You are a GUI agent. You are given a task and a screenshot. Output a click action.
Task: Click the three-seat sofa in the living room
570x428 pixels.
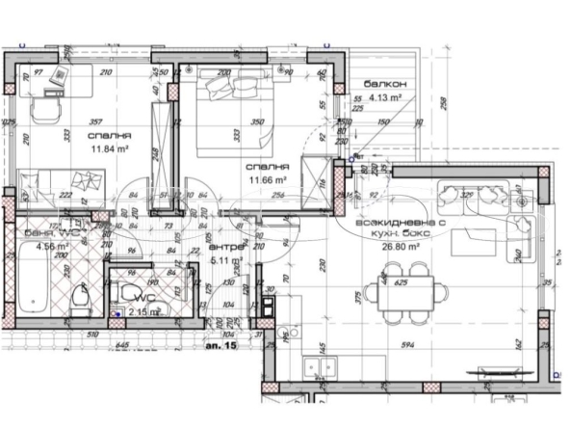472,194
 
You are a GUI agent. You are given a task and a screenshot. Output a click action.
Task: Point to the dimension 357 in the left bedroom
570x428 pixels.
95,123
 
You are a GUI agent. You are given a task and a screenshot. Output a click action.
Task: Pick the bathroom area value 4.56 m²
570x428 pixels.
51,246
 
